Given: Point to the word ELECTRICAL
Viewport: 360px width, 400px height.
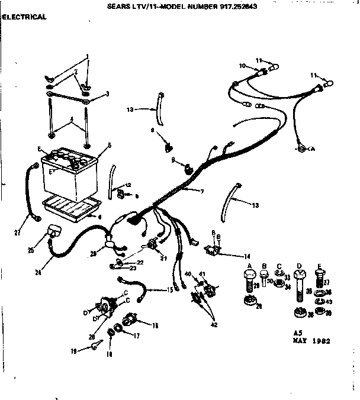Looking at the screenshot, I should (x=24, y=17).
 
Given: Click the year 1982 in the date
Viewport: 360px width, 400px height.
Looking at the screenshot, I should (x=321, y=341).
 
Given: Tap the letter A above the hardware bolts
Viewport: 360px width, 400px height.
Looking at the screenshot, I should (x=250, y=265).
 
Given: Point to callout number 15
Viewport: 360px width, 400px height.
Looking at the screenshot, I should (x=171, y=289).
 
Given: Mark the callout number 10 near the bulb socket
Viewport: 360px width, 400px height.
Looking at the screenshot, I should (x=242, y=66).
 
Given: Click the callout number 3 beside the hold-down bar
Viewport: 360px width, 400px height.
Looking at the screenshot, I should (x=107, y=93).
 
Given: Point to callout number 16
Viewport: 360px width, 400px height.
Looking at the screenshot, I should (x=156, y=325).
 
